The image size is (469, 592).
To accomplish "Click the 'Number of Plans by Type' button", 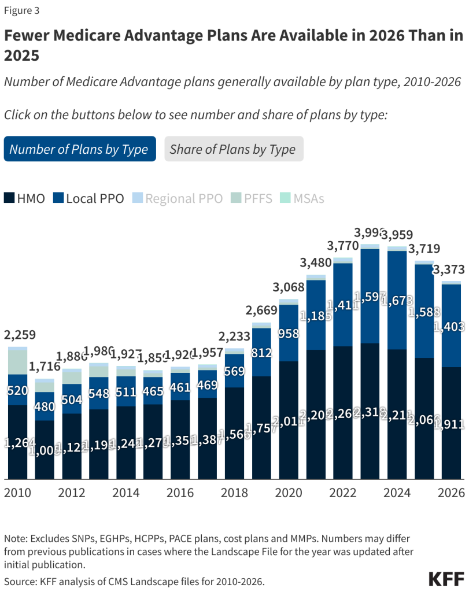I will click(x=79, y=149).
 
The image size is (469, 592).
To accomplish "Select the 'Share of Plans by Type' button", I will click(x=233, y=149).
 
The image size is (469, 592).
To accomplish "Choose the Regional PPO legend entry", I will click(x=177, y=198).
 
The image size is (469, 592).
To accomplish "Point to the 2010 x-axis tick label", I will click(x=19, y=493).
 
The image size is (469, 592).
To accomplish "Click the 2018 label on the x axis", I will click(x=235, y=493).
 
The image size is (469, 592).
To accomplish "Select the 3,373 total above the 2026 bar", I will click(x=451, y=269).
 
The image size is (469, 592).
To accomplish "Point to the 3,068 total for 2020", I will click(x=289, y=287).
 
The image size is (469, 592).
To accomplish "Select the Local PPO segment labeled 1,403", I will click(x=451, y=327).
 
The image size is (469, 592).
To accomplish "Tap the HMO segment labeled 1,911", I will click(x=451, y=424).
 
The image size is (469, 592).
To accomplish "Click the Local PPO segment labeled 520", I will click(x=18, y=390).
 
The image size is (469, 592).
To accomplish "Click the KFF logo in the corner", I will click(x=446, y=579).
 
